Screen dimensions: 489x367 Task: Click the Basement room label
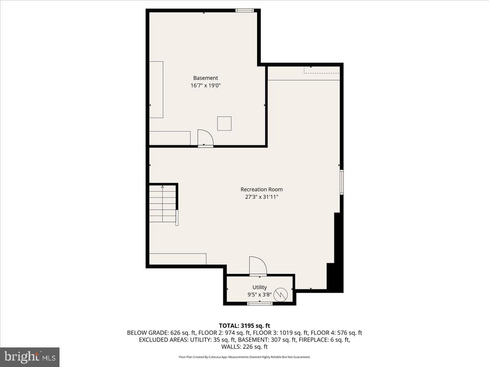(x=205, y=78)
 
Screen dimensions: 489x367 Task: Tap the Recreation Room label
(x=262, y=189)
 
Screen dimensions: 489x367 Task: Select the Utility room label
(x=260, y=287)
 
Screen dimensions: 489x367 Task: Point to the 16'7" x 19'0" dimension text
(x=205, y=85)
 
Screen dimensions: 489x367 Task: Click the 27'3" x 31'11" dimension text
(x=262, y=197)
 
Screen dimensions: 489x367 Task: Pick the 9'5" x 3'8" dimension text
(x=260, y=294)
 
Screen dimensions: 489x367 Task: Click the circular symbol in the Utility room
(x=280, y=295)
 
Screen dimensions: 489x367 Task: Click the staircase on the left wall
(x=163, y=203)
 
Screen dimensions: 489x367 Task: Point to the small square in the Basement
(x=225, y=124)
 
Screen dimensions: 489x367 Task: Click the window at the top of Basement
(x=244, y=11)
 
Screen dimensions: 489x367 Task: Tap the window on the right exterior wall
(x=341, y=182)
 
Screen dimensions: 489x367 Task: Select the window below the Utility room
(x=260, y=303)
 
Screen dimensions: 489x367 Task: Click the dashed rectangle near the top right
(x=322, y=70)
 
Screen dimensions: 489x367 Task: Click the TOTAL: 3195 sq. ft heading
(x=244, y=326)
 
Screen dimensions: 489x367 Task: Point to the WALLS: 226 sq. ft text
(x=244, y=347)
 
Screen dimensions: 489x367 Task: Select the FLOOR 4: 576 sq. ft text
(x=336, y=333)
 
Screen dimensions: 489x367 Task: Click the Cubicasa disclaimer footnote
(x=244, y=357)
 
